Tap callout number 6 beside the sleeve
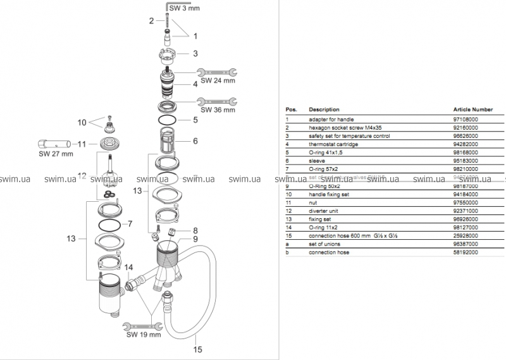(195, 140)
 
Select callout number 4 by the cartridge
(195, 83)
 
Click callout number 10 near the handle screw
(82, 122)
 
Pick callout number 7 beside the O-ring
(130, 224)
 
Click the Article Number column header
(472, 109)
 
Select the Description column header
(324, 109)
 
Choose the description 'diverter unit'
(324, 210)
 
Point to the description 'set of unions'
(324, 244)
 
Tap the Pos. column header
(292, 109)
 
